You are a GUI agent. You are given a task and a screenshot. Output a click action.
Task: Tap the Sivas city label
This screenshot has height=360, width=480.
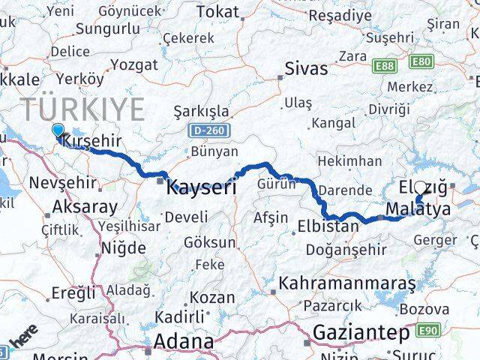pos(306,69)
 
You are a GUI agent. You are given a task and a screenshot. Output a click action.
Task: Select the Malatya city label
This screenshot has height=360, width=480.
pos(419,209)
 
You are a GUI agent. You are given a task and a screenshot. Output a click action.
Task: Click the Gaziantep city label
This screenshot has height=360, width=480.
pos(361,331)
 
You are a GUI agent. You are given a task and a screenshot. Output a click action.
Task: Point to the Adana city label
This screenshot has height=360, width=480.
pos(183,341)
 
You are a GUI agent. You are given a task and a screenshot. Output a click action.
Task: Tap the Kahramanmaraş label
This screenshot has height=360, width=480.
pos(347,284)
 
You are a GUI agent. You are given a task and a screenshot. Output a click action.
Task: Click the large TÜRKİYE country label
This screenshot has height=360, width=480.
pos(82,109)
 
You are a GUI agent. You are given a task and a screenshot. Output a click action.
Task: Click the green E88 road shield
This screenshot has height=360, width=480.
pos(385,66)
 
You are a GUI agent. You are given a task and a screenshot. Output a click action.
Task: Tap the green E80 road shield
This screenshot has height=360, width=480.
pos(421,62)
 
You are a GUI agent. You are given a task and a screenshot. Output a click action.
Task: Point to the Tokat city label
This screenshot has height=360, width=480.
pos(217,12)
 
